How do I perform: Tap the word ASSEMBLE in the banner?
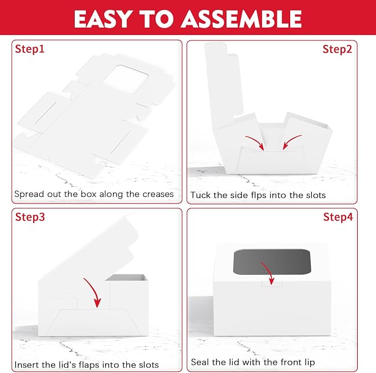[x=241, y=19]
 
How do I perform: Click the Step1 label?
[x=30, y=49]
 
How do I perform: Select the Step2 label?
[x=337, y=49]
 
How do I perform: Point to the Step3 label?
[x=30, y=217]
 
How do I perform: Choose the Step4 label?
[x=338, y=217]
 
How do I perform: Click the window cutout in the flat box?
[x=125, y=79]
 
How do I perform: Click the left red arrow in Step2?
[x=256, y=141]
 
